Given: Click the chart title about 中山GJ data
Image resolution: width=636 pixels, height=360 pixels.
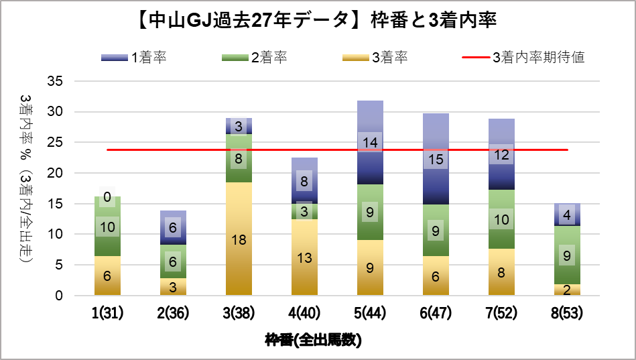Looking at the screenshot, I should pyautogui.click(x=317, y=20).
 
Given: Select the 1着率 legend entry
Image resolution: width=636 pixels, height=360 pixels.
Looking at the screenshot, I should pyautogui.click(x=134, y=58).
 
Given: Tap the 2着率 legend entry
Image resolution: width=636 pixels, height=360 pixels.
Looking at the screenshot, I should pyautogui.click(x=255, y=58).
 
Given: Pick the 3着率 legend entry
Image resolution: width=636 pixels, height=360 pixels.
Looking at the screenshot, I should pyautogui.click(x=375, y=58).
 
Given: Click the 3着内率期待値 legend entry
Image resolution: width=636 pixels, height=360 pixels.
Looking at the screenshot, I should pyautogui.click(x=523, y=58).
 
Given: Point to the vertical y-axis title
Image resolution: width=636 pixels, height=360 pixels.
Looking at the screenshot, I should pyautogui.click(x=25, y=188).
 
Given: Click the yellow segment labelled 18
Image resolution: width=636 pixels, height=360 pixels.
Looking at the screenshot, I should pyautogui.click(x=239, y=239).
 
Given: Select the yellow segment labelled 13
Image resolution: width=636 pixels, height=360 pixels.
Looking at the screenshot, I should pyautogui.click(x=304, y=257).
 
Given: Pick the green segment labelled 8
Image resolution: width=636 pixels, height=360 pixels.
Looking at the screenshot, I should pyautogui.click(x=239, y=159).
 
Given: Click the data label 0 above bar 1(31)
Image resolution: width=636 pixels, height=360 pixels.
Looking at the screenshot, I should pyautogui.click(x=107, y=197).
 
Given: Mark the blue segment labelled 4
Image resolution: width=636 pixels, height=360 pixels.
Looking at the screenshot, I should pyautogui.click(x=567, y=215).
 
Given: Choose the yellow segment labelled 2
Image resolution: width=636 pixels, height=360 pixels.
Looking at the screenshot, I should pyautogui.click(x=567, y=290).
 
